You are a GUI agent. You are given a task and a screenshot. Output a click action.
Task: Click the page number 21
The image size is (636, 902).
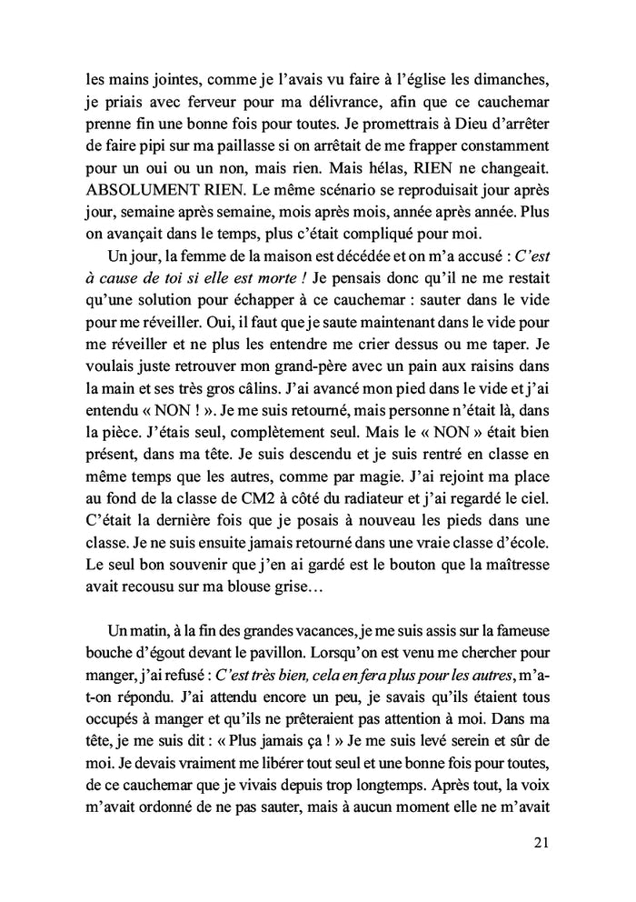(x=542, y=844)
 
